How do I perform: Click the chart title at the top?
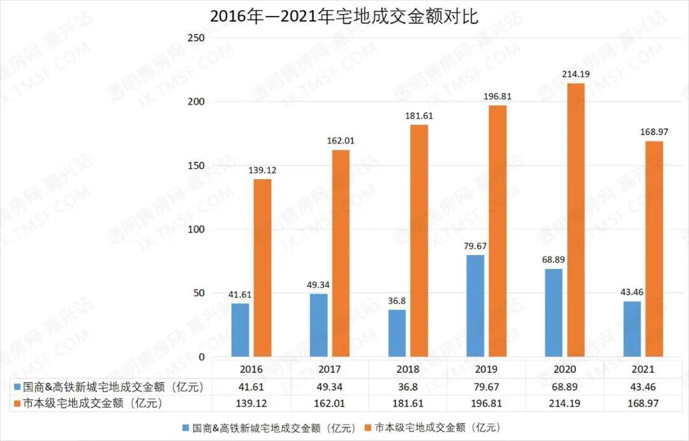(344, 16)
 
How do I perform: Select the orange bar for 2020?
(575, 220)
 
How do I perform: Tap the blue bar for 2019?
(475, 306)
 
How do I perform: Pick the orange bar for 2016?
(262, 268)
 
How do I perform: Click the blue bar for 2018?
(397, 333)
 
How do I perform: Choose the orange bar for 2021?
(655, 249)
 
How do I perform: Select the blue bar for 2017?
(319, 325)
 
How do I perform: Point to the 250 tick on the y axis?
(196, 38)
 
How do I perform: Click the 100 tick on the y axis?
(196, 229)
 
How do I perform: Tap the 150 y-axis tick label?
(196, 166)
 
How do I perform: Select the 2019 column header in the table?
(487, 369)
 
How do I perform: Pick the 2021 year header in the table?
(643, 369)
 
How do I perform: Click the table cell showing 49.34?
(330, 386)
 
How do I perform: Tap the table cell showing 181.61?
(408, 403)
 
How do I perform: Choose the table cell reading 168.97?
(643, 403)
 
